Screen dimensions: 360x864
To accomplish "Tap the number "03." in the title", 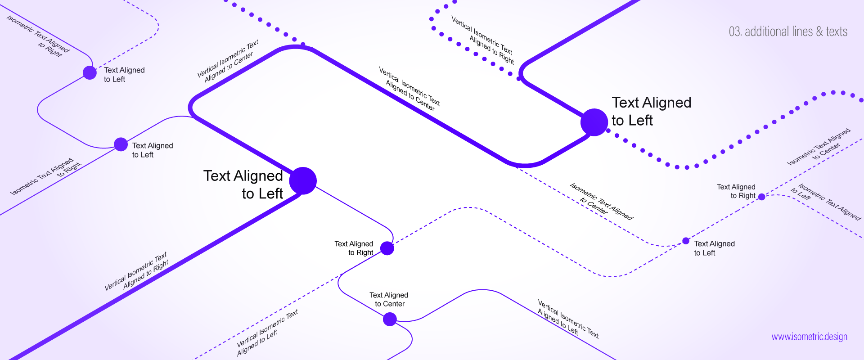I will (735, 31).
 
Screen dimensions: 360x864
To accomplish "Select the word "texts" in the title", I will (837, 31).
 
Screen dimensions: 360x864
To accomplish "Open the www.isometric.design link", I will (809, 337).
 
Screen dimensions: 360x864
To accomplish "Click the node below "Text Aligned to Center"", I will (390, 319).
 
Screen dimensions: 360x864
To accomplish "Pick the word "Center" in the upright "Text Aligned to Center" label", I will (394, 304).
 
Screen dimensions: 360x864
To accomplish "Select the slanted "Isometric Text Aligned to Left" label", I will (826, 202).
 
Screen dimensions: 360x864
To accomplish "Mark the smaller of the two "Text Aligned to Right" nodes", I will (761, 197).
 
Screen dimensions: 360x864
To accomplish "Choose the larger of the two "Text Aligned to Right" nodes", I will (387, 248).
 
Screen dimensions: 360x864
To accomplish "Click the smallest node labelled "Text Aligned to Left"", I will (686, 241).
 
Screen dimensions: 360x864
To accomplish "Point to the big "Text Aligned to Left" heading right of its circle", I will (651, 112).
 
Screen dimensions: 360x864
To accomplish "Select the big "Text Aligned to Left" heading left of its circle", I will (243, 184).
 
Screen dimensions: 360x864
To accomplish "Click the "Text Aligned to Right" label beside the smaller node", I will (736, 191).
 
